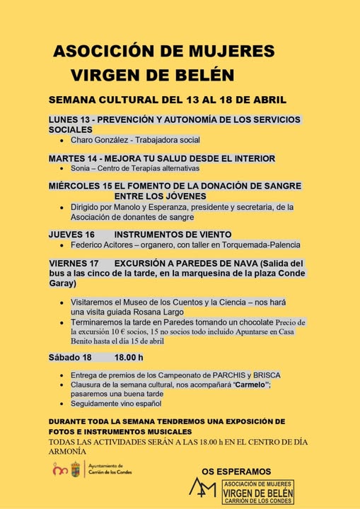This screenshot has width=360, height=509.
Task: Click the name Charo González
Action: click(95, 140)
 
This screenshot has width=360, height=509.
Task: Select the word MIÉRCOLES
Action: click(76, 186)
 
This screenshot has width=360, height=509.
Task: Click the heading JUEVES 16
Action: click(71, 234)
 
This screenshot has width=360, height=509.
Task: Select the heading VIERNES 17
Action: click(74, 262)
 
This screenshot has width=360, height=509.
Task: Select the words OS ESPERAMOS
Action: click(236, 471)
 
